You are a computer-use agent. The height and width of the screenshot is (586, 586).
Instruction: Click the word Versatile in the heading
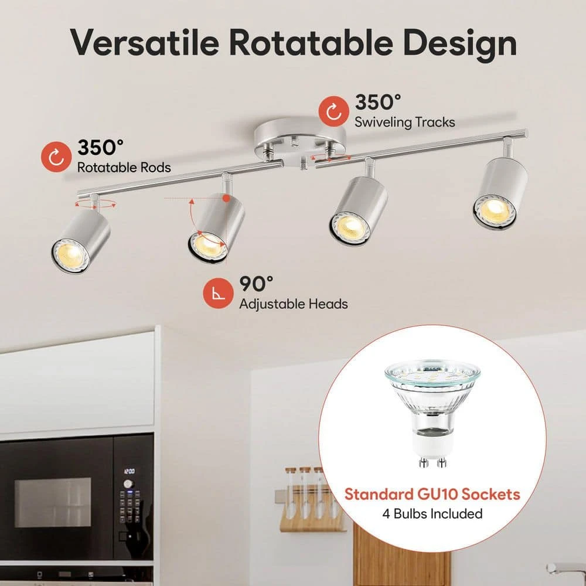pyautogui.click(x=144, y=42)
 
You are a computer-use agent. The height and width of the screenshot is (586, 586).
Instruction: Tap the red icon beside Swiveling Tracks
pyautogui.click(x=334, y=111)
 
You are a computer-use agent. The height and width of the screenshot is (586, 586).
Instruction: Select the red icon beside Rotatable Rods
pyautogui.click(x=56, y=157)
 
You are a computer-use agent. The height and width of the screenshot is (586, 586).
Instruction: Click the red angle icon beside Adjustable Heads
pyautogui.click(x=218, y=294)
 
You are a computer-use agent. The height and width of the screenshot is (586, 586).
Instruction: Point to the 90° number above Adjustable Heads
pyautogui.click(x=257, y=284)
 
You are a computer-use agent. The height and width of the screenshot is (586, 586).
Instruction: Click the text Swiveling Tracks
pyautogui.click(x=405, y=122)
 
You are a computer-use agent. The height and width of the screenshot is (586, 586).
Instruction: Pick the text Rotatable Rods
pyautogui.click(x=124, y=168)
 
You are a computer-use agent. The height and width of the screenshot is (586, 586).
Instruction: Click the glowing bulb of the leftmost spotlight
pyautogui.click(x=70, y=256)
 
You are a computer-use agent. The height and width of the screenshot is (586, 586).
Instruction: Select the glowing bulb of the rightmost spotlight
pyautogui.click(x=495, y=210)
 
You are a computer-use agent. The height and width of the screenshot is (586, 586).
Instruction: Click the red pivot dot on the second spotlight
pyautogui.click(x=226, y=198)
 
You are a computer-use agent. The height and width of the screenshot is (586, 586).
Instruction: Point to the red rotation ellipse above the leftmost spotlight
pyautogui.click(x=96, y=204)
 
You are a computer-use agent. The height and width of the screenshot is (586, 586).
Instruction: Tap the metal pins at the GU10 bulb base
pyautogui.click(x=432, y=462)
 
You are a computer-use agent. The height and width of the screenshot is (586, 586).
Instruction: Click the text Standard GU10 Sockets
pyautogui.click(x=432, y=494)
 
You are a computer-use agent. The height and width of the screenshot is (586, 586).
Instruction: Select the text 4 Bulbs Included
pyautogui.click(x=432, y=514)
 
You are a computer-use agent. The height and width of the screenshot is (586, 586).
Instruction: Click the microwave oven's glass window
pyautogui.click(x=53, y=502)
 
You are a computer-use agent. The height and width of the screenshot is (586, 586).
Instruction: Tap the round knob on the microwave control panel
pyautogui.click(x=128, y=484)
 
